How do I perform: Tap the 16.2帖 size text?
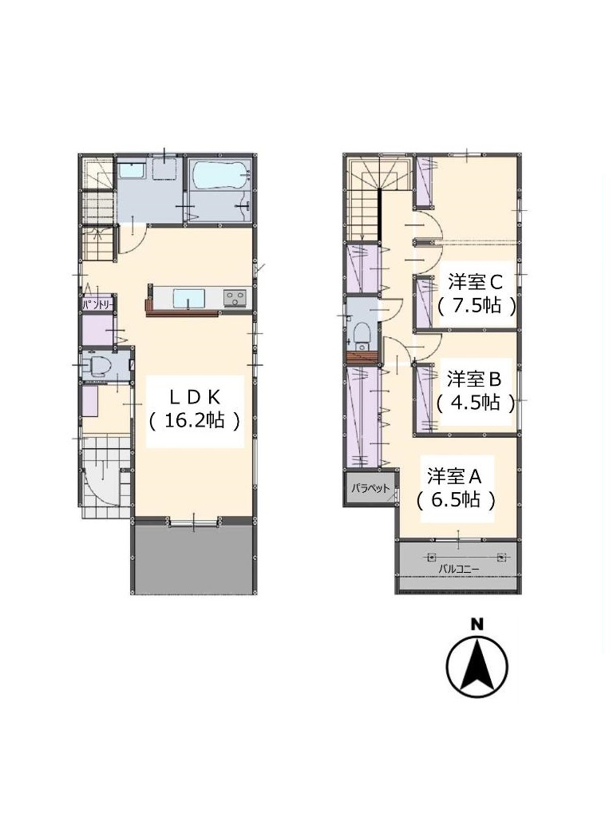click(x=195, y=420)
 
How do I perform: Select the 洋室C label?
click(x=475, y=282)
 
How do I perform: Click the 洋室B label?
click(x=474, y=379)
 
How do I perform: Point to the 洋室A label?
click(x=454, y=476)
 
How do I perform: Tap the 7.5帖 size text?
click(x=477, y=305)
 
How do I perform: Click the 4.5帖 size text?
click(x=476, y=403)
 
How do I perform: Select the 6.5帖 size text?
click(x=456, y=500)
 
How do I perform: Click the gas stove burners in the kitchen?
click(x=236, y=298)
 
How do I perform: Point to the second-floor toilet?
click(x=362, y=333)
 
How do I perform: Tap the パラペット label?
click(x=370, y=488)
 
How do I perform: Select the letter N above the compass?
click(x=476, y=624)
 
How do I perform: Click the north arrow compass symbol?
click(x=477, y=666)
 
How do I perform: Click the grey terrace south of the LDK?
click(x=193, y=559)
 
